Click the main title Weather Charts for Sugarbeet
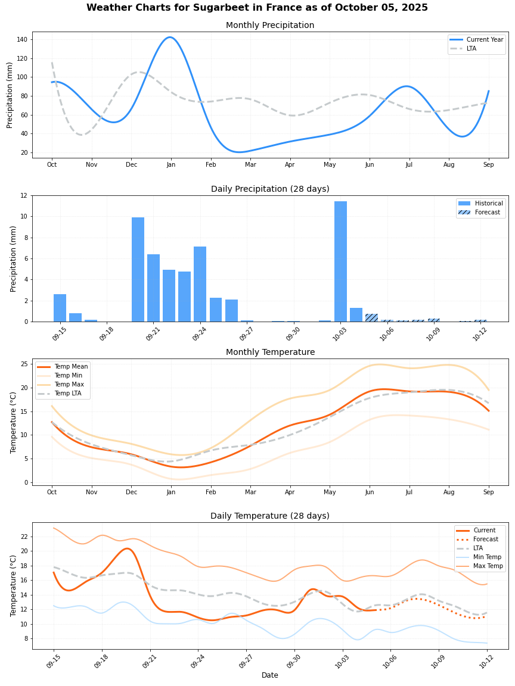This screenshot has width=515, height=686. (x=257, y=8)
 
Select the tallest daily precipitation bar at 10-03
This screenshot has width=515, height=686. (x=340, y=261)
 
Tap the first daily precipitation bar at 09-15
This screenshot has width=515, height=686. (x=60, y=308)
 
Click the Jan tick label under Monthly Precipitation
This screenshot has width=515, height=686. (x=170, y=164)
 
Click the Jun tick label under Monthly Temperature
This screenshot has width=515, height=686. (x=370, y=492)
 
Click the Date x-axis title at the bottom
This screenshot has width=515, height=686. (x=269, y=675)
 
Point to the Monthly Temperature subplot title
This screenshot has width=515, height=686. (x=270, y=352)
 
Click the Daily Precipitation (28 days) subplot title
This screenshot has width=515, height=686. (x=270, y=189)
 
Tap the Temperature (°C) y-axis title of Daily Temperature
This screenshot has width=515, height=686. (x=13, y=585)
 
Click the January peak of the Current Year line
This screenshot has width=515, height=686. (x=170, y=38)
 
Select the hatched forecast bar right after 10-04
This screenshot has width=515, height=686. (x=371, y=317)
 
